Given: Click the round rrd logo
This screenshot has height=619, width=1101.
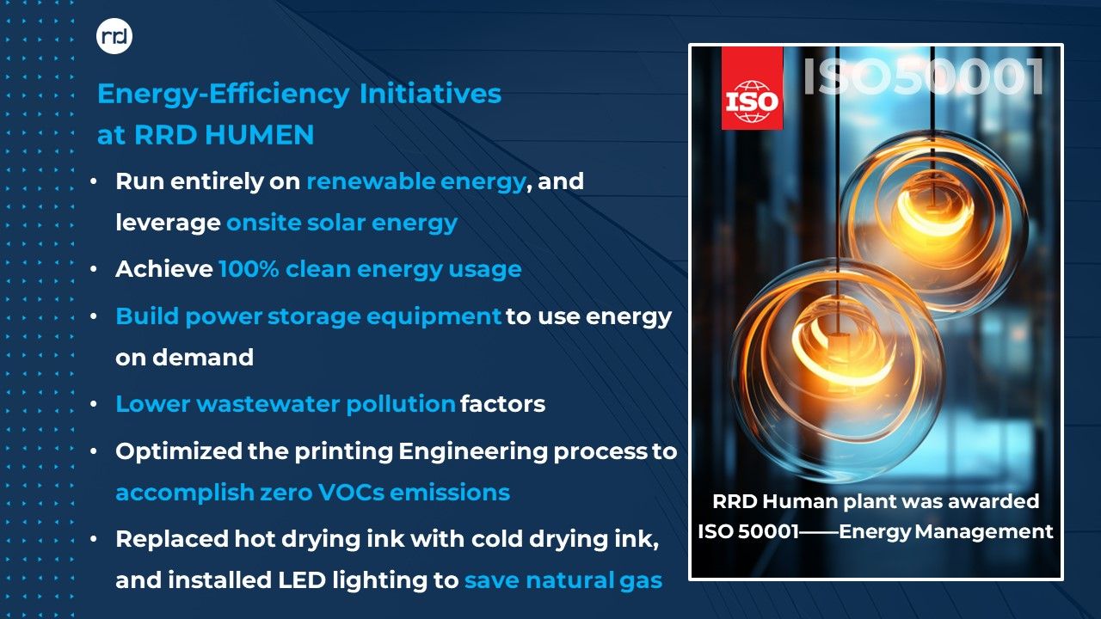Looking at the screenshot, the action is click(114, 36).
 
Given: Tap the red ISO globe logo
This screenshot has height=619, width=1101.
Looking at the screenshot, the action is click(752, 89).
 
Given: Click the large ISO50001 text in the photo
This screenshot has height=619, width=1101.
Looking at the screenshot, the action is click(924, 77).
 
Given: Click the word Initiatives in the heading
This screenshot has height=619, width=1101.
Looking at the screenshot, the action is click(430, 94).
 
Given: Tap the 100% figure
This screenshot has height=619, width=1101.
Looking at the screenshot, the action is click(249, 269).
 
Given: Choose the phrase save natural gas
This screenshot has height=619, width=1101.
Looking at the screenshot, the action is click(563, 580).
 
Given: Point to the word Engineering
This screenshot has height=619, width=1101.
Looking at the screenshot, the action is click(472, 452).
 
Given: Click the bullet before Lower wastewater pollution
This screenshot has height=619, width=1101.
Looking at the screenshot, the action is click(94, 404).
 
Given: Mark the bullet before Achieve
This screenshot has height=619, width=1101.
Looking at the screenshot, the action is click(94, 270).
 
